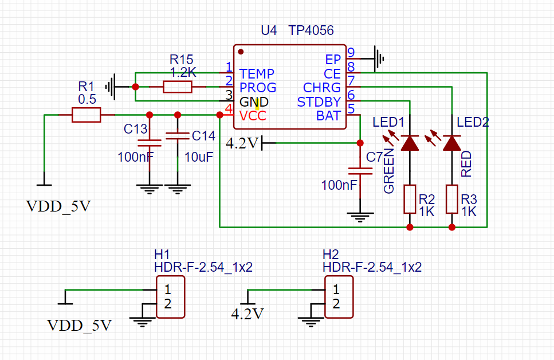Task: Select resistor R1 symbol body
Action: [x=86, y=115]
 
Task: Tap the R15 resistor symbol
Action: [x=177, y=87]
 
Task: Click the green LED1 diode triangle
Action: [x=410, y=143]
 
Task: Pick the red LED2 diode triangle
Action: [x=452, y=143]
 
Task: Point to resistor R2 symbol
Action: [x=410, y=199]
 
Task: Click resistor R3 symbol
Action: [x=452, y=199]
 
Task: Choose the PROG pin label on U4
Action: [x=258, y=88]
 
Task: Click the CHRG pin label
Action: [x=322, y=88]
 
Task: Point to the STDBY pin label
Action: [x=319, y=102]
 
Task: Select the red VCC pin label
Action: [x=253, y=116]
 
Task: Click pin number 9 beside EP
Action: [x=351, y=53]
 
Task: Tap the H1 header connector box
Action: [x=171, y=296]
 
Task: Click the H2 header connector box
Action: [x=339, y=296]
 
